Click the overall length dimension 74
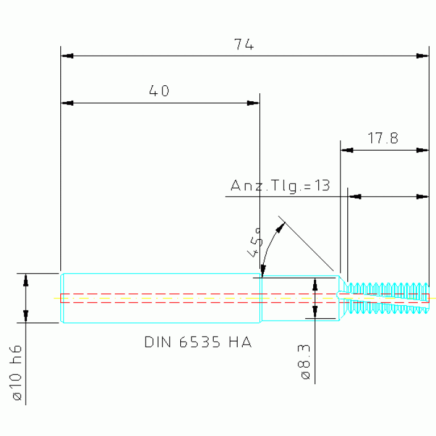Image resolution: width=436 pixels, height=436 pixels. [x=244, y=44]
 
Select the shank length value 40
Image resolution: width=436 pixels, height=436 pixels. [x=159, y=91]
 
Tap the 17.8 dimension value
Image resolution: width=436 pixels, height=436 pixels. [x=383, y=138]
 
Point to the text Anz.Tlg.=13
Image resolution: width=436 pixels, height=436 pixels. [x=280, y=186]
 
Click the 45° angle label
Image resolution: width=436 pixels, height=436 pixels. [x=255, y=243]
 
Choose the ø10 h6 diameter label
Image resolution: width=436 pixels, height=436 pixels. [x=16, y=372]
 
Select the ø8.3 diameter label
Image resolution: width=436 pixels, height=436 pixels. [x=304, y=362]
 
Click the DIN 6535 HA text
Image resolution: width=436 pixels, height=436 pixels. [x=198, y=342]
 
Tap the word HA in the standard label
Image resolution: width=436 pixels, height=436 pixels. [x=240, y=342]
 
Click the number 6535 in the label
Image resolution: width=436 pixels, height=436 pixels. [x=200, y=342]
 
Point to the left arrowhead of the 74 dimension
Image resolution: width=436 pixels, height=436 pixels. [x=67, y=56]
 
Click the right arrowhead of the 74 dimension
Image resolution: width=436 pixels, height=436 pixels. [x=422, y=56]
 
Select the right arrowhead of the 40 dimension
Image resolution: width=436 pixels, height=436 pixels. [x=254, y=103]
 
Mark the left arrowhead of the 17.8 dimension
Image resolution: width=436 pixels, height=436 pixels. [x=347, y=151]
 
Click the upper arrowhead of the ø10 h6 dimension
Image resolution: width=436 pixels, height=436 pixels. [x=26, y=280]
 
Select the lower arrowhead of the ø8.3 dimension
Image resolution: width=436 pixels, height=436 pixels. [x=315, y=312]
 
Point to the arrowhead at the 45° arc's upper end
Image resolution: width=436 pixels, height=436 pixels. [x=280, y=228]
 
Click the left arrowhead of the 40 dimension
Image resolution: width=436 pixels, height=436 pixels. [x=67, y=103]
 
